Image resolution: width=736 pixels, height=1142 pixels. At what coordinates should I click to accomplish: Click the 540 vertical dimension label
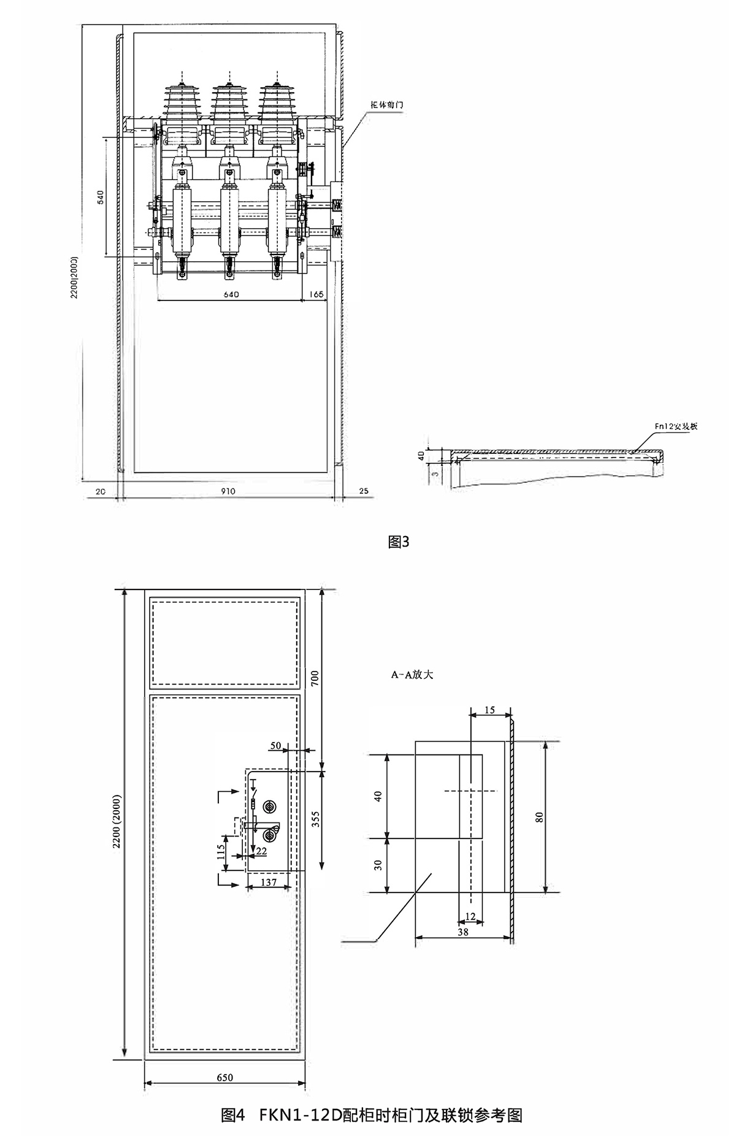tap(101, 197)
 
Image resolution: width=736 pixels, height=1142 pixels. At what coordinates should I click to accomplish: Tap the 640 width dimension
tap(231, 294)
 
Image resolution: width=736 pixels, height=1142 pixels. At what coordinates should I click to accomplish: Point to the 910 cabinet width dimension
tap(228, 491)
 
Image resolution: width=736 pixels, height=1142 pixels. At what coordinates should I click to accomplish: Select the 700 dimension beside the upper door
tap(316, 679)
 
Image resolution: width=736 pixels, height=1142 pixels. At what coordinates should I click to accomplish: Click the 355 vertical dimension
tap(315, 819)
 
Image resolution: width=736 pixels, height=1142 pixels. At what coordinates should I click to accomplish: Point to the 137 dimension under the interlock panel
tap(269, 883)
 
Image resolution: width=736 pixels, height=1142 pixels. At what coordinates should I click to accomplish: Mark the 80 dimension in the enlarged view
tap(540, 817)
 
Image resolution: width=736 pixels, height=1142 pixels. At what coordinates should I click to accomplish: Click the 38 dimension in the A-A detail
tap(463, 931)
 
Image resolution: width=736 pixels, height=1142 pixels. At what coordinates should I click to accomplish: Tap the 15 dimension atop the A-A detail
tap(489, 710)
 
